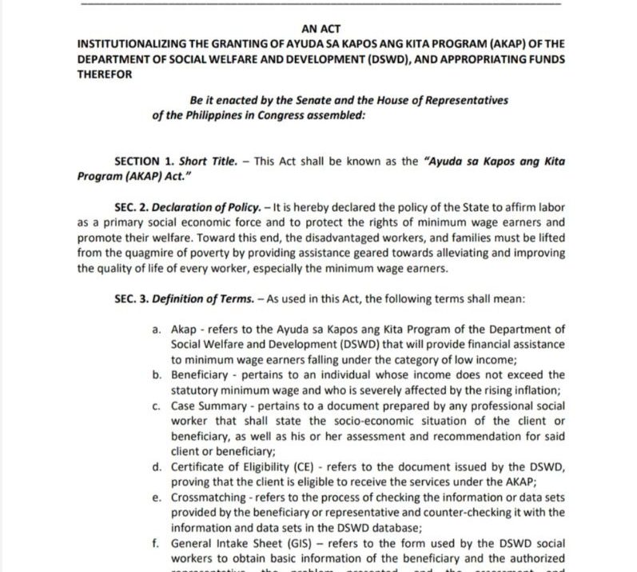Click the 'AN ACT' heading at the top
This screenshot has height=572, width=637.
pos(322,28)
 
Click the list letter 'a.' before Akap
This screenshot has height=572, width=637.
pos(157,329)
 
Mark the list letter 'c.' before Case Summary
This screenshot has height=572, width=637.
pos(157,405)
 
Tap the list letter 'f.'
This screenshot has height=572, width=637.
pos(157,542)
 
